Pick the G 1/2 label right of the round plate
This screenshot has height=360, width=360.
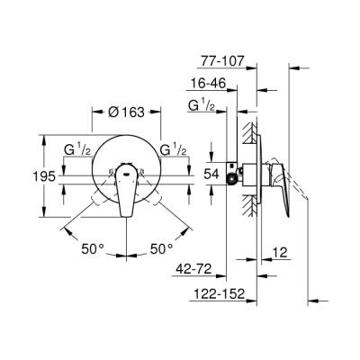click(173, 150)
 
